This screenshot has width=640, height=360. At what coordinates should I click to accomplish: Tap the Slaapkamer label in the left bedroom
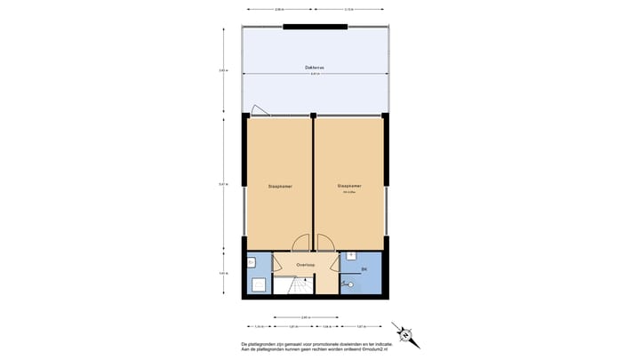tap(280, 187)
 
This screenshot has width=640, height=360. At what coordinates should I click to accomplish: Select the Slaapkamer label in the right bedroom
tap(348, 186)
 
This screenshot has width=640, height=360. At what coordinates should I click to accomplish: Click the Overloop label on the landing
tap(306, 264)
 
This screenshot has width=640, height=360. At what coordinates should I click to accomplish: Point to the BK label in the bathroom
tap(364, 268)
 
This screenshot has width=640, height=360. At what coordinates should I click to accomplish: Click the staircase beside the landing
tap(293, 284)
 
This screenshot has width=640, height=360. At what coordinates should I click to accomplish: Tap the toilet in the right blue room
tap(348, 284)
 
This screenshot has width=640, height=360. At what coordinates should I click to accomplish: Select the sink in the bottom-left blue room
tap(252, 263)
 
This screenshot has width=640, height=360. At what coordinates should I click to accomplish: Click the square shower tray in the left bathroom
tap(259, 285)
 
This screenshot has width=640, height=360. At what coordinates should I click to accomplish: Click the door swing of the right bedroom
tap(324, 244)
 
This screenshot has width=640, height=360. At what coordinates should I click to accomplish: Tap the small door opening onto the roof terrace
tap(260, 111)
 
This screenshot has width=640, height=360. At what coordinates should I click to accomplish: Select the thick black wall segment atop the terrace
tap(316, 27)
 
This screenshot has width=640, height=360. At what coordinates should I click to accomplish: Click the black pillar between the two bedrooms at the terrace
tap(314, 115)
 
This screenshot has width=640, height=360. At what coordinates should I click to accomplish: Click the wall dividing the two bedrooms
tap(314, 182)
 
